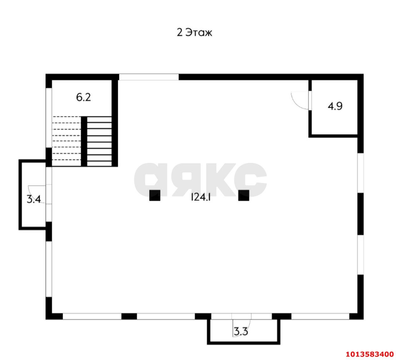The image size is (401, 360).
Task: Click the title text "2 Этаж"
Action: [194, 32]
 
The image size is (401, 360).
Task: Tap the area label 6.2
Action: [83, 97]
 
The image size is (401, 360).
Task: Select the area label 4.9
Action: [335, 106]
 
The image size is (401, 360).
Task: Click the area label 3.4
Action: [34, 199]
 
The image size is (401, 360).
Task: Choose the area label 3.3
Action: [241, 331]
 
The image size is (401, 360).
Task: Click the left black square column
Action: [155, 195]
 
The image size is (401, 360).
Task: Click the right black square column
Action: [243, 195]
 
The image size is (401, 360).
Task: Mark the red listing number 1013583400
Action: [370, 354]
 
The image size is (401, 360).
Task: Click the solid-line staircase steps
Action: [99, 141]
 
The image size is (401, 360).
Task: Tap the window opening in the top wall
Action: [149, 77]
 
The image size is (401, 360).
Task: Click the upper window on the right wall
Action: [361, 173]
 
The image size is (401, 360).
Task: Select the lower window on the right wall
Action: [361, 254]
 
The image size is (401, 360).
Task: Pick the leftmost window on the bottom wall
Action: [92, 316]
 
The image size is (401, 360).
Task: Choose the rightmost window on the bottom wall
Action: [320, 316]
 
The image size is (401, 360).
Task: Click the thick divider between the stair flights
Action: [84, 141]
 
